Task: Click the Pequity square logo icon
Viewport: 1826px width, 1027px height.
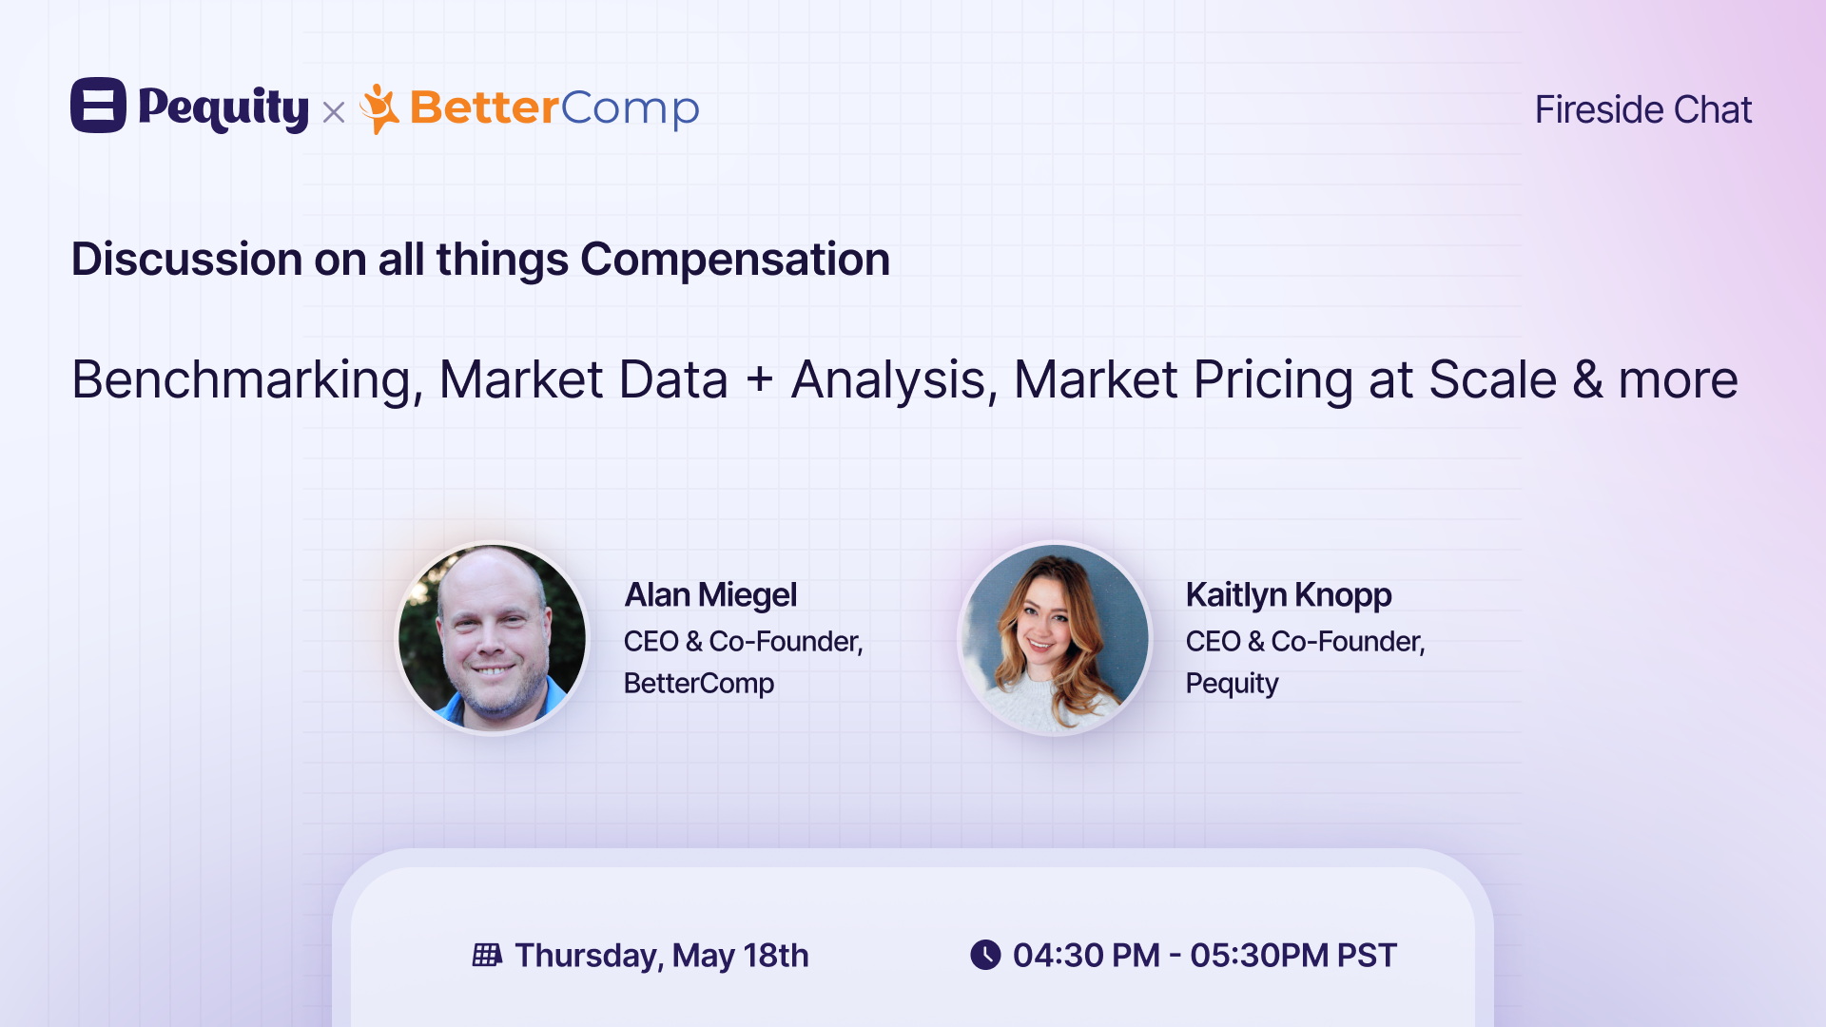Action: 98,105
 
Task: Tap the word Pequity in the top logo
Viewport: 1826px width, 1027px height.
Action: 223,108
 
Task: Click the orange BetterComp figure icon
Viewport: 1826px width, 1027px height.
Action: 379,108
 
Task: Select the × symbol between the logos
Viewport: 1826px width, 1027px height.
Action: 334,113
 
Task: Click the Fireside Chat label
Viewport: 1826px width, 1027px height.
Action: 1642,109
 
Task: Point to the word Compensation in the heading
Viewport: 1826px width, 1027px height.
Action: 735,260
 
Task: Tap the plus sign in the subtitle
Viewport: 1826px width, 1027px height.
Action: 760,380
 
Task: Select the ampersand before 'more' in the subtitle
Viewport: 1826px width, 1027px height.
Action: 1587,379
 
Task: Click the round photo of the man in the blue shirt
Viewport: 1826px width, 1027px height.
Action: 492,638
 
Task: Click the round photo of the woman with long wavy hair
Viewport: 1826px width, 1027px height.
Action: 1054,638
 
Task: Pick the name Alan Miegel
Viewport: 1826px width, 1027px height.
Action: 710,595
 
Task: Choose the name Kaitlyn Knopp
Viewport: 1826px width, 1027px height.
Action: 1289,595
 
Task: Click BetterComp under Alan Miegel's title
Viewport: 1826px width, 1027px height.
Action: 699,683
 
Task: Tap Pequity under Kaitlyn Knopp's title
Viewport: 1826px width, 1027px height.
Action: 1232,684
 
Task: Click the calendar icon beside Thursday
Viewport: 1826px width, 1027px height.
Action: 487,955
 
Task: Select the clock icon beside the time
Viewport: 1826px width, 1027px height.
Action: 985,955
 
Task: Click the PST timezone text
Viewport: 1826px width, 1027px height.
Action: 1367,955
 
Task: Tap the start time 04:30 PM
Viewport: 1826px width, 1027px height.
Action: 1086,955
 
